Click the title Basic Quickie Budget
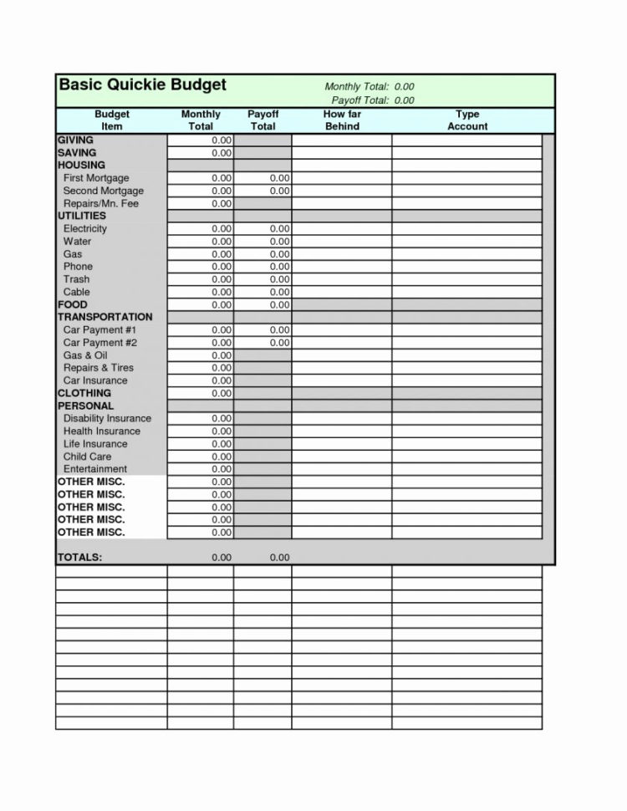click(142, 86)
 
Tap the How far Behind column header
click(341, 120)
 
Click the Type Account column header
click(467, 120)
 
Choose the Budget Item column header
click(111, 120)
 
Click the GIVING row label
click(75, 140)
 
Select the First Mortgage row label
click(96, 178)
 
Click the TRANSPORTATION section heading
click(104, 318)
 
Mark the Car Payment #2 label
click(99, 343)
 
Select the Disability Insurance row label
click(107, 419)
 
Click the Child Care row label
click(87, 457)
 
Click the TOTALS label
click(79, 558)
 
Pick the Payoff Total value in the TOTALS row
click(279, 558)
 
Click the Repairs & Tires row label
click(98, 368)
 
